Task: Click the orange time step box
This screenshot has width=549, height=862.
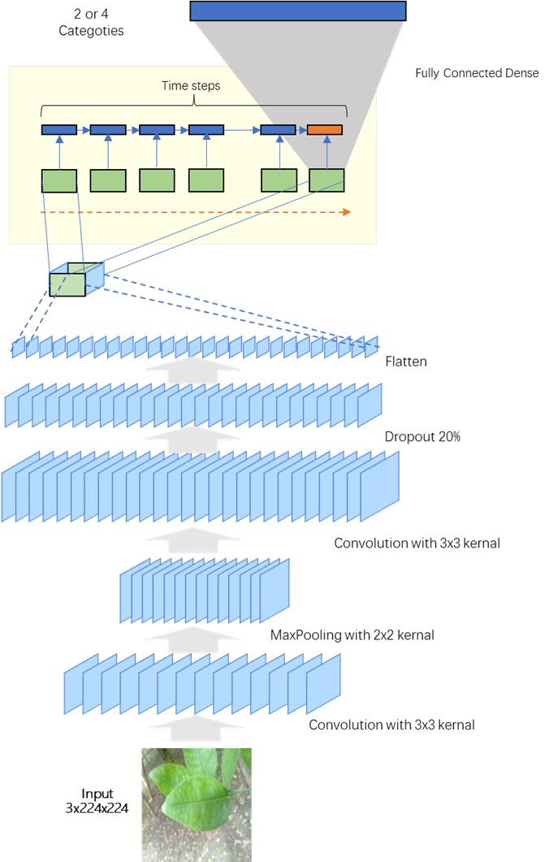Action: click(325, 129)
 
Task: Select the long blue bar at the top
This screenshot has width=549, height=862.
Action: click(297, 10)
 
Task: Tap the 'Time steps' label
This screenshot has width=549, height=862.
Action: click(195, 85)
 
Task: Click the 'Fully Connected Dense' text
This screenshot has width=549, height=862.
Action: click(477, 73)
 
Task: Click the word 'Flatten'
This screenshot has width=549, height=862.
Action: click(406, 362)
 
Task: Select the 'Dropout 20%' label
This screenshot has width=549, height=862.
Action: click(422, 437)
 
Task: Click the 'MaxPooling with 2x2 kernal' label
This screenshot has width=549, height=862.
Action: click(352, 635)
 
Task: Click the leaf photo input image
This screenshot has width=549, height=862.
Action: click(197, 800)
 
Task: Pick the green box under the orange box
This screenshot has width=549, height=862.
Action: click(326, 180)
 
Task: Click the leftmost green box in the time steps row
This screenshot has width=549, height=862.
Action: click(59, 180)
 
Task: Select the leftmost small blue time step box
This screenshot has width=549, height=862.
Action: click(59, 129)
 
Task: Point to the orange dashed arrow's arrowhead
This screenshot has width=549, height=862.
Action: click(347, 212)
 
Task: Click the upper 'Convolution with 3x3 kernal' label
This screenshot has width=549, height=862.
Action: click(417, 543)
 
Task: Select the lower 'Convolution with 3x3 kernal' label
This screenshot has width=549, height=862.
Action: click(391, 724)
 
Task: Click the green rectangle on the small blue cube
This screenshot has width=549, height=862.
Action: click(67, 284)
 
